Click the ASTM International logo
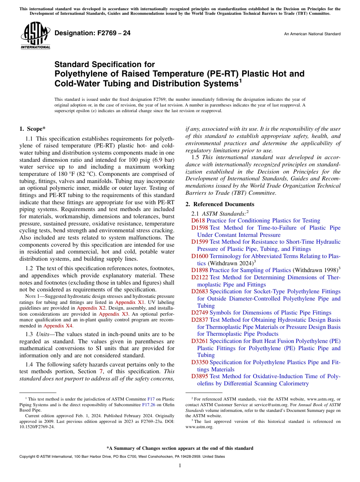click(35, 36)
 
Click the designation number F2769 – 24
click(92, 33)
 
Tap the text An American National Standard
click(312, 34)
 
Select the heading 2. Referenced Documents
click(220, 204)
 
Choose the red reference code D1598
click(199, 228)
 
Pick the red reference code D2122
click(199, 277)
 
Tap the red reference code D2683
click(199, 291)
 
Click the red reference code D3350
click(199, 362)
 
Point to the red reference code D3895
click(199, 376)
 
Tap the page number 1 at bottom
click(180, 466)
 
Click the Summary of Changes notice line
click(180, 448)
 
